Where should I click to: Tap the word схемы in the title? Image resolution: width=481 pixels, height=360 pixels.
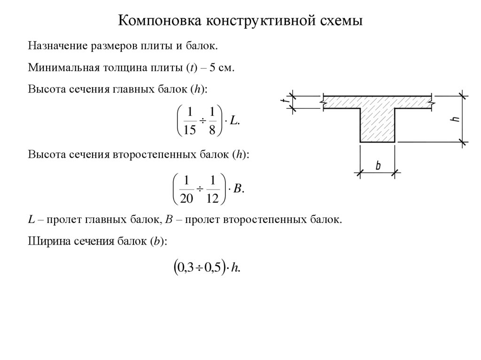(x=340, y=22)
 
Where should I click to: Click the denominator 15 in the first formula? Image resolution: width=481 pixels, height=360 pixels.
(x=189, y=130)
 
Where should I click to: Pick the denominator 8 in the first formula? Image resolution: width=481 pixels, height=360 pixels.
(x=212, y=130)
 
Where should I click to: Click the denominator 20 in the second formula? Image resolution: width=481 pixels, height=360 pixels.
(x=186, y=199)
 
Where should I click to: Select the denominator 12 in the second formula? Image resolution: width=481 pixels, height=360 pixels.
(x=212, y=199)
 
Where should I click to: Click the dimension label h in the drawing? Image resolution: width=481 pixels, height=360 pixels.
(x=454, y=118)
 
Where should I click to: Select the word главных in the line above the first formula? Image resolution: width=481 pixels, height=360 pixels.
(x=132, y=89)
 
